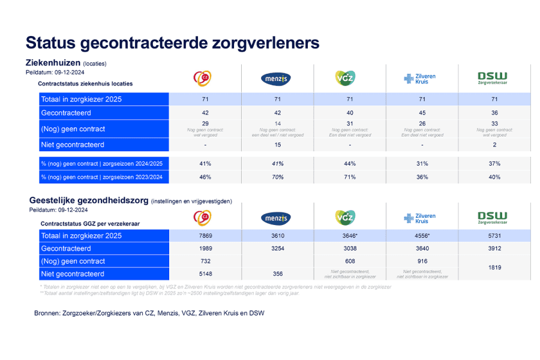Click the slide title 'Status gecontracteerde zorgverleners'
pos(172,43)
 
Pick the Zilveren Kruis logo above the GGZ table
pos(420,218)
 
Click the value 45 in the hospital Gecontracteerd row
pos(422,112)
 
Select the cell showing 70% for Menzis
pos(278,177)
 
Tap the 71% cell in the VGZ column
pos(350,177)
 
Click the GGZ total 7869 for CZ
pos(205,236)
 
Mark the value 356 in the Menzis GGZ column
pos(278,274)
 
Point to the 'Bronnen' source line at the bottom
pos(149,313)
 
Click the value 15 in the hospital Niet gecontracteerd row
pos(278,145)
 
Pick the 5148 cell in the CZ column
pos(205,274)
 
